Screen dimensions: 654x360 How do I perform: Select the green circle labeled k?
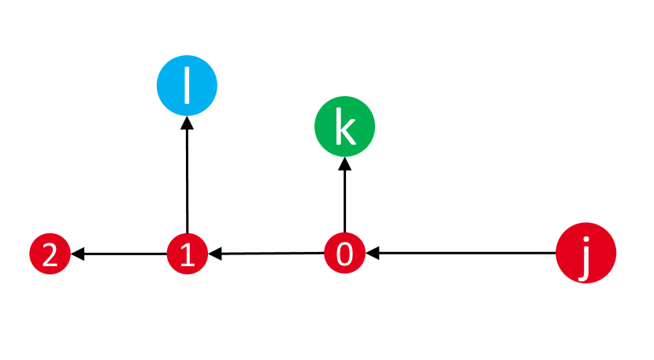(x=344, y=127)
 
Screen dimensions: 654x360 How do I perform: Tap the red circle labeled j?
(x=585, y=254)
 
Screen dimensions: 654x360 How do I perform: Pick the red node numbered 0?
(x=345, y=254)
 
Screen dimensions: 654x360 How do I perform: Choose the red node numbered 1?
(x=187, y=254)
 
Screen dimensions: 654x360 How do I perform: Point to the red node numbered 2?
(x=50, y=254)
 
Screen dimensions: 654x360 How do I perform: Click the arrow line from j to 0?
(x=465, y=254)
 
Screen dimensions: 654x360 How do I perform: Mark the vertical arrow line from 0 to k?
(x=344, y=201)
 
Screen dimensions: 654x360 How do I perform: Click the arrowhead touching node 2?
(x=77, y=254)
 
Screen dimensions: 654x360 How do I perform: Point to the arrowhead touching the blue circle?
(x=187, y=122)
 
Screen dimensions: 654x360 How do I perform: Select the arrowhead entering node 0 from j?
(x=372, y=254)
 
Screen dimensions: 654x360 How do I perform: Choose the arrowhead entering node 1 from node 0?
(x=214, y=254)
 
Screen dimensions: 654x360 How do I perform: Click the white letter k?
(x=344, y=128)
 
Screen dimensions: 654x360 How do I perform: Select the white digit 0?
(x=345, y=254)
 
